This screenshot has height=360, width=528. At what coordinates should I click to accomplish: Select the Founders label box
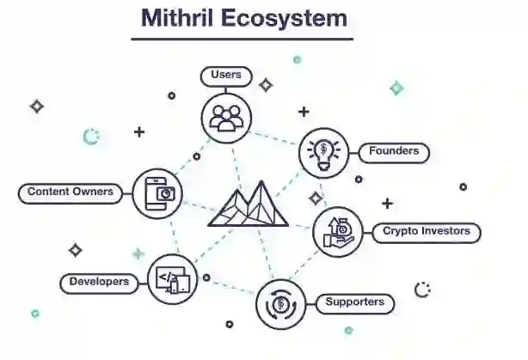pos(393,152)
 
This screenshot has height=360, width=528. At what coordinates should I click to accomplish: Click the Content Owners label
pos(71,192)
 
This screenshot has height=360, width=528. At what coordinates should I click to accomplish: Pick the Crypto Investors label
pos(426,231)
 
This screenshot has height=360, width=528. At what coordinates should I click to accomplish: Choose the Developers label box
pos(100,282)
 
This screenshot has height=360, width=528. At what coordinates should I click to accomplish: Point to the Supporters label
pos(354,302)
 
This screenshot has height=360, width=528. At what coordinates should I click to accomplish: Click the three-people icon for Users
pos(226,116)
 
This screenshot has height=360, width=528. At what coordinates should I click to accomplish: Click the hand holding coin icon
pos(337,233)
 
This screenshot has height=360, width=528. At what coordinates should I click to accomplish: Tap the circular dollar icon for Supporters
pos(280,304)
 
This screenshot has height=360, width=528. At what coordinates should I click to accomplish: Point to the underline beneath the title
pos(242,39)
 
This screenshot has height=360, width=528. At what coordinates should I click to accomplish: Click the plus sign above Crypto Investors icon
pos(387,204)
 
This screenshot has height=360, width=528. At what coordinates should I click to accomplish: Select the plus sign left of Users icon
pos(138,132)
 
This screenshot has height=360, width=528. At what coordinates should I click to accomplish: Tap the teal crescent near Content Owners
pos(90,137)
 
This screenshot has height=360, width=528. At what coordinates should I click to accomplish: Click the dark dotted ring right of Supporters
pos(422,290)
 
